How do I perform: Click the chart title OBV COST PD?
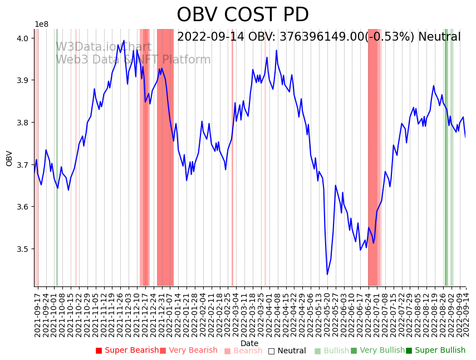click(243, 15)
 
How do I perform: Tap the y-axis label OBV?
click(9, 158)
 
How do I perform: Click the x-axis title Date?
click(249, 343)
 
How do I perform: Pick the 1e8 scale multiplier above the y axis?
click(41, 25)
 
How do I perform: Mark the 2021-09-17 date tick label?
click(37, 315)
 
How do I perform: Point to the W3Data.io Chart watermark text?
click(104, 47)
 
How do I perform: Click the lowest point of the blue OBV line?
click(327, 274)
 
